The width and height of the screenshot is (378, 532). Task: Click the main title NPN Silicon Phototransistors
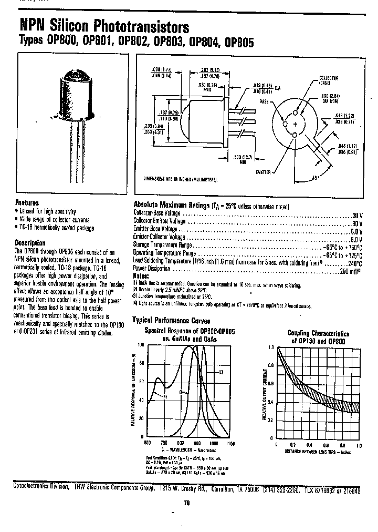(x=104, y=26)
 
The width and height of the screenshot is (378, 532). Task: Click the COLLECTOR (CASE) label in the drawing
(x=329, y=80)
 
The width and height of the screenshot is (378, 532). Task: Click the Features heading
(x=27, y=203)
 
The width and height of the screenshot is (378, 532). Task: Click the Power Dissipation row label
(x=152, y=269)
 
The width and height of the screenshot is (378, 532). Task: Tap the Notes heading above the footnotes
(x=141, y=275)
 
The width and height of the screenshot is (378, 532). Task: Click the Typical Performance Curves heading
(x=171, y=320)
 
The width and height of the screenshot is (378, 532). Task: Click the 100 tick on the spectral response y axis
(x=140, y=345)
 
